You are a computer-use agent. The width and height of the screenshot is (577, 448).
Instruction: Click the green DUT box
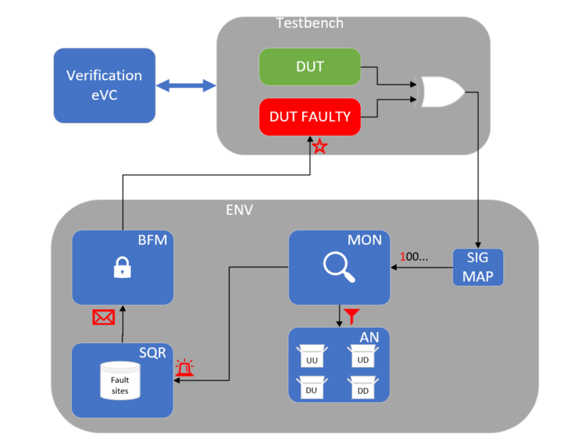click(x=309, y=67)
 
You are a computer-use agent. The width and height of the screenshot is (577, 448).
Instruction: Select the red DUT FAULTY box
click(x=309, y=117)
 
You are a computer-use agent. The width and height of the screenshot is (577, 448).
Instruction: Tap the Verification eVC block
click(x=104, y=85)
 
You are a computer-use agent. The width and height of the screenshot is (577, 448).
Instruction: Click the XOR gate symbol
click(x=441, y=92)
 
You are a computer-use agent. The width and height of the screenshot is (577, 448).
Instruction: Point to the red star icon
click(x=319, y=146)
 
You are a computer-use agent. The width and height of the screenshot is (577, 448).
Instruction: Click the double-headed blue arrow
click(x=186, y=85)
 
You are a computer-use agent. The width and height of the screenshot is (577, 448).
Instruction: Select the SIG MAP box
click(x=478, y=267)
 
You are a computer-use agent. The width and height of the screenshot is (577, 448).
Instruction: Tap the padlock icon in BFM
click(x=122, y=268)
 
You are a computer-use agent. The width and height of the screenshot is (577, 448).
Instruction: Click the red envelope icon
click(x=103, y=317)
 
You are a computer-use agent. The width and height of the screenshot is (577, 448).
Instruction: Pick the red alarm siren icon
click(x=185, y=368)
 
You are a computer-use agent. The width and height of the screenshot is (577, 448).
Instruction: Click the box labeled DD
click(x=362, y=387)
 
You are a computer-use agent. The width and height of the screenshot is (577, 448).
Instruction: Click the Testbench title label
click(x=309, y=23)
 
